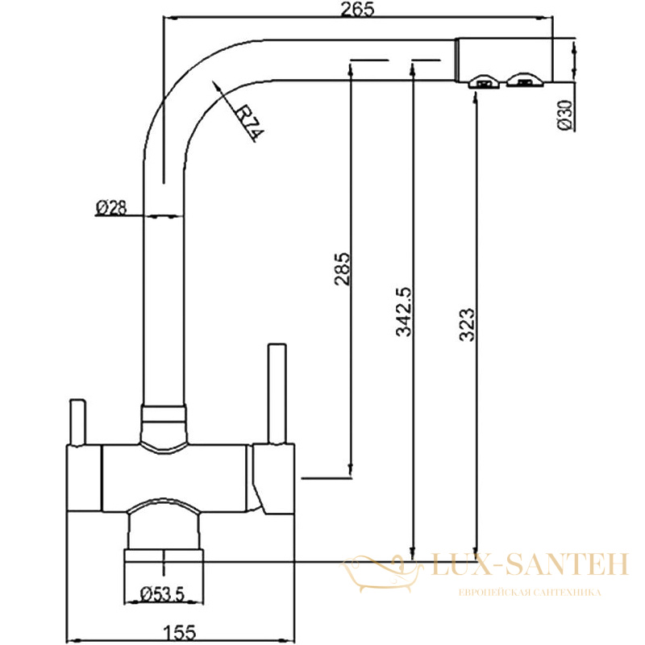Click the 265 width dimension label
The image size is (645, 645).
coord(358,9)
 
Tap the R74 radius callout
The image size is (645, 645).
coord(249,123)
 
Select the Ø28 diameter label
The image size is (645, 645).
coord(111,208)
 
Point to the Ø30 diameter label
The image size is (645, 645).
coord(565,115)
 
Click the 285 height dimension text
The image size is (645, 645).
coord(343,269)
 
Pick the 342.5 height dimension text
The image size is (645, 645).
coord(404,312)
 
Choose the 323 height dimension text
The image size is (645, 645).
coord(467,325)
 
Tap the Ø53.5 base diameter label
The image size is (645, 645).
coord(163,594)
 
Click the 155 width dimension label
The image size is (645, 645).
coord(180,632)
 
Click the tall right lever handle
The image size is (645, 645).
coord(277,394)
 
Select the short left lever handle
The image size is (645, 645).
coord(77,422)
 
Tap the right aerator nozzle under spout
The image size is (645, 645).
coord(525,81)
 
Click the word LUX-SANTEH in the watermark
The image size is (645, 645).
coord(530,564)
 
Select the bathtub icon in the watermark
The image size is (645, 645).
coord(381,572)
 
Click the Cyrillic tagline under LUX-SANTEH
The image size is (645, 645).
coord(530,593)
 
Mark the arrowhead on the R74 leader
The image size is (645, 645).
coord(217,87)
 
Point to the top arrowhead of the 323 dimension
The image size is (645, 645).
coord(476,97)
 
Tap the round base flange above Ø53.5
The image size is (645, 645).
coord(164,556)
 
